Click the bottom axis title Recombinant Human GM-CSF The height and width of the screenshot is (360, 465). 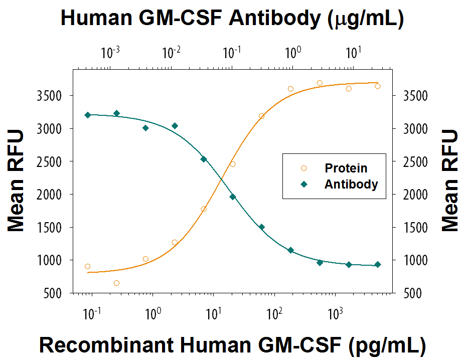(x=232, y=345)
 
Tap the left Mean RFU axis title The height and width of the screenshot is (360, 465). (x=16, y=181)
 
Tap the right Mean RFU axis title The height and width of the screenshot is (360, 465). (x=450, y=181)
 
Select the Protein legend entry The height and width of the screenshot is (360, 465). (x=346, y=168)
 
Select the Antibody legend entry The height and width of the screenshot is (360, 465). (x=351, y=184)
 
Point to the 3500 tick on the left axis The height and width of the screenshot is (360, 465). (x=54, y=96)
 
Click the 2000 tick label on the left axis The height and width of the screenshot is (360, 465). (x=54, y=195)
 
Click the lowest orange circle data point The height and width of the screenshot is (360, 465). (x=116, y=283)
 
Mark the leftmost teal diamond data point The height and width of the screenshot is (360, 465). (x=88, y=115)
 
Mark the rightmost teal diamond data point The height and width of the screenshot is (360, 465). (x=378, y=264)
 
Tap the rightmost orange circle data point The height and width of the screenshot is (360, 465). (x=378, y=86)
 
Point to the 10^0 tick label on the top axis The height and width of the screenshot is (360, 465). (x=293, y=52)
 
